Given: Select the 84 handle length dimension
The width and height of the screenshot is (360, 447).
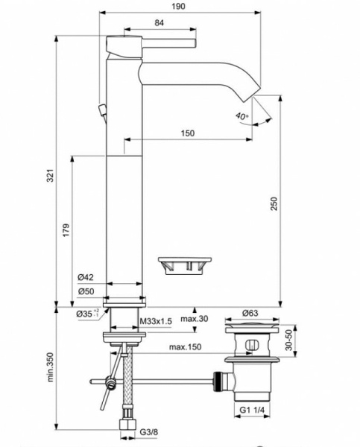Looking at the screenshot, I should coord(159,24).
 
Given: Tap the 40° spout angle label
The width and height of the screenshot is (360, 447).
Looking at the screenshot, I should coord(240,116).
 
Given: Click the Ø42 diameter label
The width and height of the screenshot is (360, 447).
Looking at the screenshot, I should coord(86,277).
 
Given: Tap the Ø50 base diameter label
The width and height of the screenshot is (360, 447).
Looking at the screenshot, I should coord(86,291).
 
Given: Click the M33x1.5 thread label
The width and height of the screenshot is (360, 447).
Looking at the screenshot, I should coord(157,320).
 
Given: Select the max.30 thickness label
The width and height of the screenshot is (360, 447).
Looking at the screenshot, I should coord(210,320).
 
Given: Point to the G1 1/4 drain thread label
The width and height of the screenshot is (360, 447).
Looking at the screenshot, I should coord(253,409).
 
